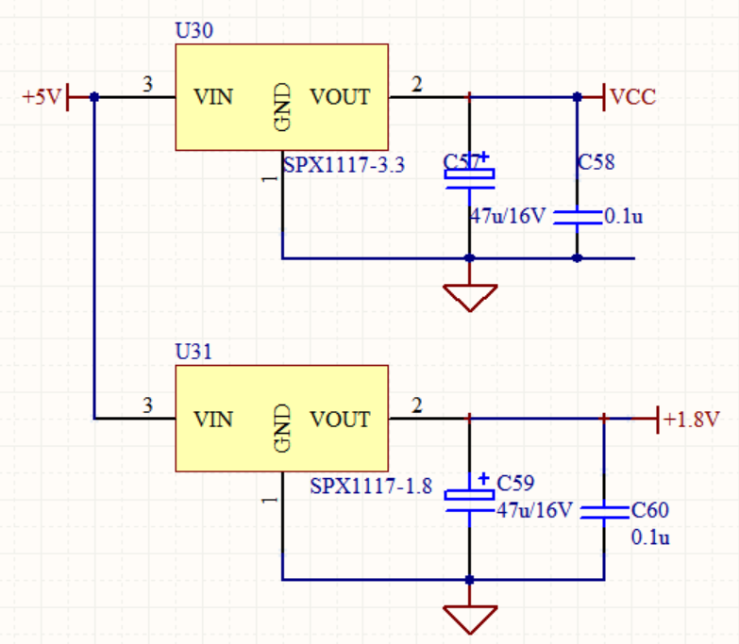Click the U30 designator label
click(194, 30)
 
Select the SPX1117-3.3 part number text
click(344, 166)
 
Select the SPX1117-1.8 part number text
click(371, 487)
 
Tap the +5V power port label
click(42, 97)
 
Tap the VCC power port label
click(632, 97)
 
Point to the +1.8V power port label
click(691, 419)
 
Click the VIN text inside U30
click(213, 97)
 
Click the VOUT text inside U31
click(340, 419)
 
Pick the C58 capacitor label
click(596, 162)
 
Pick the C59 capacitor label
click(515, 484)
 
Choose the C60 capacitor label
click(650, 511)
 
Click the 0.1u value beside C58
click(623, 217)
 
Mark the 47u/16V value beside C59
click(534, 510)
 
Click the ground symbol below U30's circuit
click(469, 296)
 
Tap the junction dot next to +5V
click(93, 97)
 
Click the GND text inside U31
click(281, 427)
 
